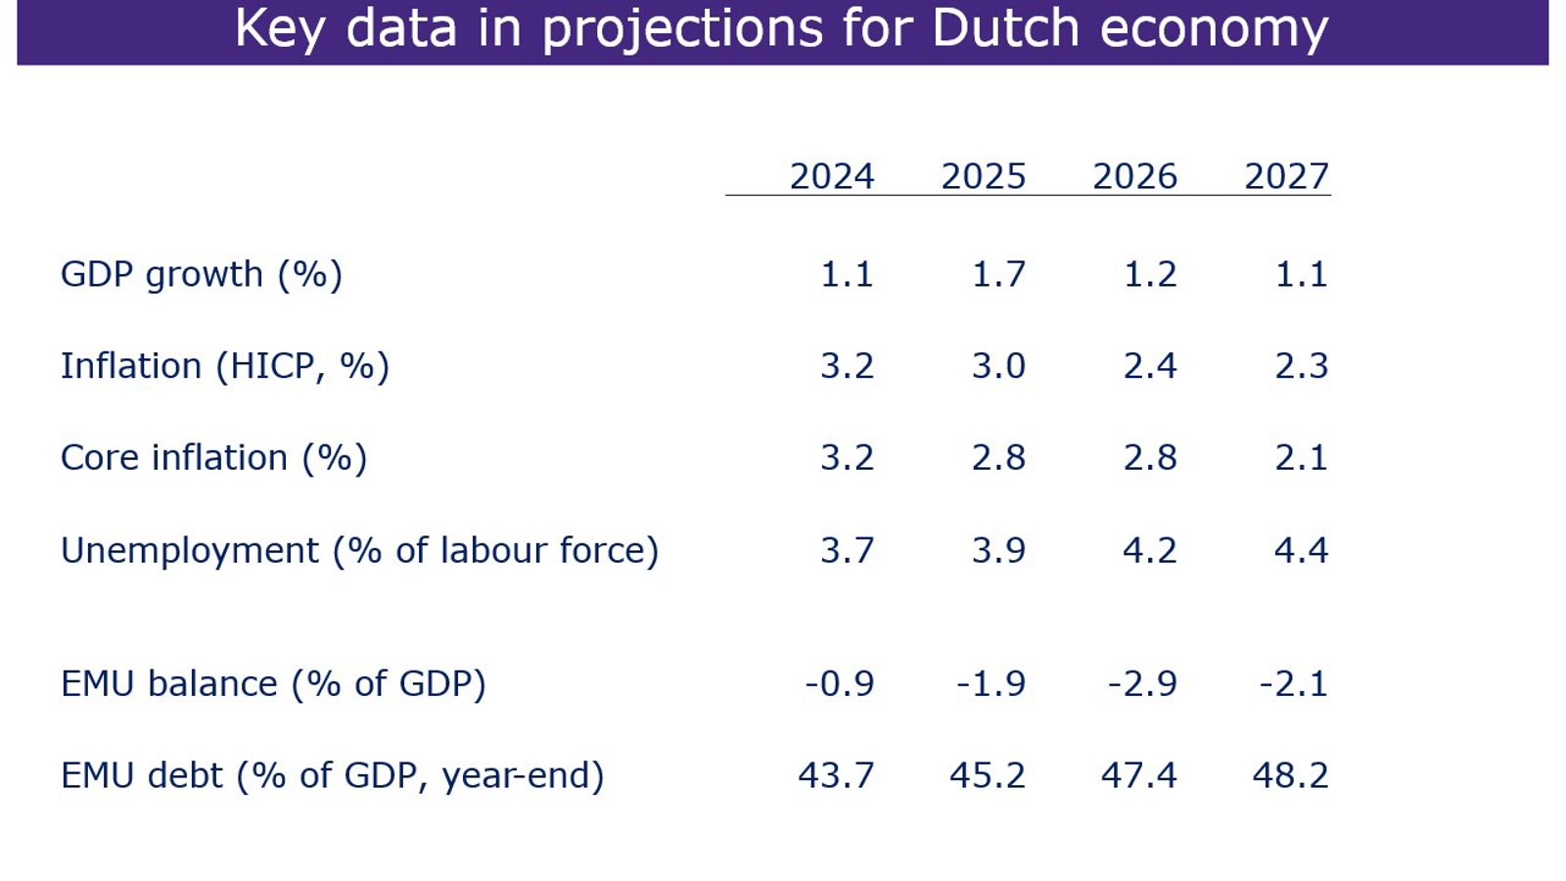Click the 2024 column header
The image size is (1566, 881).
coord(832,177)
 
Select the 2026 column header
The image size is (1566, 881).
coord(1134,177)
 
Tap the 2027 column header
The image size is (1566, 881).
coord(1286,177)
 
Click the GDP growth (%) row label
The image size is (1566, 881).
coord(202,274)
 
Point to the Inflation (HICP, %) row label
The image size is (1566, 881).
coord(225,366)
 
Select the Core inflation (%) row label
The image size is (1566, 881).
coord(213,458)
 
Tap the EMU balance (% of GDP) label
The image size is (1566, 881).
coord(273,683)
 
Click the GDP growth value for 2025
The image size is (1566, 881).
coord(998,274)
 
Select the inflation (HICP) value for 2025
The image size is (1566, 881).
coord(998,366)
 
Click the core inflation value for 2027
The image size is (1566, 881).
coord(1301,458)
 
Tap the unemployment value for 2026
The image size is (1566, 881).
coord(1149,550)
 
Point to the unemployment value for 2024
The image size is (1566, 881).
coord(847,550)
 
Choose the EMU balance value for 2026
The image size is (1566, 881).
coord(1142,683)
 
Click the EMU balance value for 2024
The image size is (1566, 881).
coord(840,683)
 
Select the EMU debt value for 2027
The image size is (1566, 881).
coord(1290,775)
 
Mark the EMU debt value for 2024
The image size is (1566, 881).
coord(836,775)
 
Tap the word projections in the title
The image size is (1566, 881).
coord(682,29)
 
